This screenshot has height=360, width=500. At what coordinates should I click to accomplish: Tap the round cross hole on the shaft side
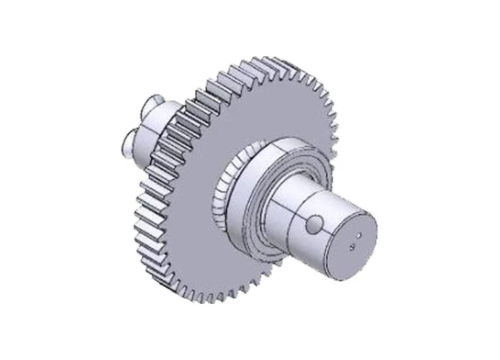(x=313, y=226)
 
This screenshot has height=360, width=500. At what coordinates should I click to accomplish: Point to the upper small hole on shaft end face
(x=357, y=233)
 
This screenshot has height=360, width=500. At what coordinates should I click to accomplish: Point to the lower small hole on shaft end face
(x=352, y=246)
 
